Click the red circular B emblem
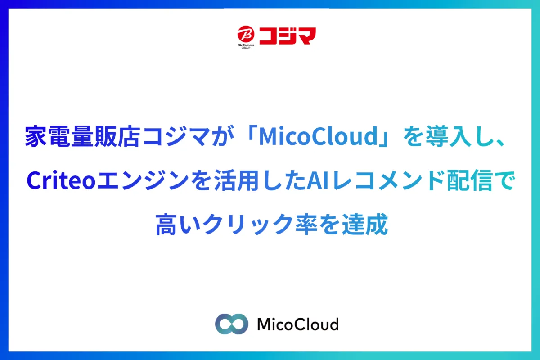pos(246,34)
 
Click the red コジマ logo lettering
pos(288,36)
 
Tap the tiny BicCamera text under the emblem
pos(246,45)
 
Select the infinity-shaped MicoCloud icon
pos(231,324)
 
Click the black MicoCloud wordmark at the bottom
pos(298,324)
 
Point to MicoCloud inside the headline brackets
pos(318,136)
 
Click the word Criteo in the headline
pos(61,180)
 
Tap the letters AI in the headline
pos(318,180)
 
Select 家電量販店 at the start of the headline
pos(82,136)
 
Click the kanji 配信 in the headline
pos(469,180)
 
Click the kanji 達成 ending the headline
pos(365,224)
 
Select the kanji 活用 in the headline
pos(237,180)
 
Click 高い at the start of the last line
pos(178,224)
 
